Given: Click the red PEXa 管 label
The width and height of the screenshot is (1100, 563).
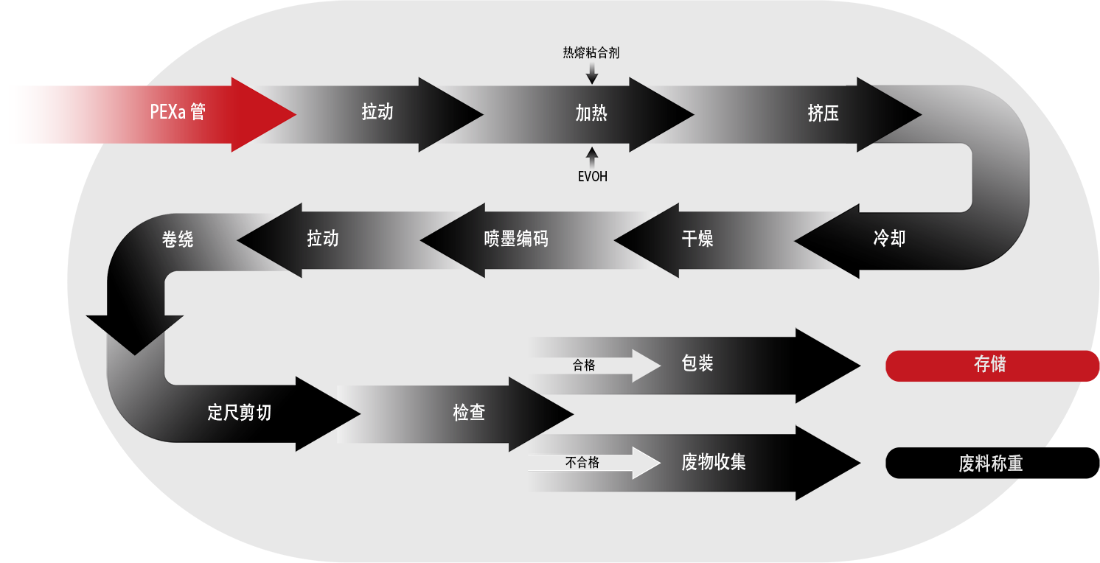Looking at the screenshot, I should point(178,112).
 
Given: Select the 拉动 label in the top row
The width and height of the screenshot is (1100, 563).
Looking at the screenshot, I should point(377,112).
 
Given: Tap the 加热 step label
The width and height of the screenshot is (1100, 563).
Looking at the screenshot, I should point(591,113).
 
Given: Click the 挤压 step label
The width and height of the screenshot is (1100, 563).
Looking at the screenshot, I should point(823,113).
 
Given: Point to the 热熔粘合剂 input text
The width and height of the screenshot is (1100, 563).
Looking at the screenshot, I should point(591,53).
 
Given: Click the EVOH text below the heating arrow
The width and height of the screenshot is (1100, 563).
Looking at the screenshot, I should point(592,177).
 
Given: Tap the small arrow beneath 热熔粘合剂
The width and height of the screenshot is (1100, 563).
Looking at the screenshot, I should point(592,74).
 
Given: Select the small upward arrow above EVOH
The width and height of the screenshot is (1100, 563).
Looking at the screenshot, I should point(592,156).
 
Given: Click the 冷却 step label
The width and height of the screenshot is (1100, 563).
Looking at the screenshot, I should point(889,238).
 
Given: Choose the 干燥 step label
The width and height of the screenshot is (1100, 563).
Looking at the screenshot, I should point(697,238).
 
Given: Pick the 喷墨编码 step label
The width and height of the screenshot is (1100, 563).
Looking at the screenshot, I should point(516,239).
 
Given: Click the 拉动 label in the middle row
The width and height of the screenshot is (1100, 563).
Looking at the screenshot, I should point(323,238).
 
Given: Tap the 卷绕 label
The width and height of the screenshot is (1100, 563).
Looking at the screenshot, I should point(178,239).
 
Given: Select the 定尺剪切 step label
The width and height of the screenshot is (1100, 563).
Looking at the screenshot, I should point(240,412).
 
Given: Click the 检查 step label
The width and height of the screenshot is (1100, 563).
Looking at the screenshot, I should point(469,412).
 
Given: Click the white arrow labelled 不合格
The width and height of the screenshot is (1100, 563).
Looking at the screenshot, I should point(594,463).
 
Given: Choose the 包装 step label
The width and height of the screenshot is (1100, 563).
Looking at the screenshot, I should point(697,363).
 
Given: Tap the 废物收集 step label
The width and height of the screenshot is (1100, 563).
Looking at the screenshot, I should point(714,462).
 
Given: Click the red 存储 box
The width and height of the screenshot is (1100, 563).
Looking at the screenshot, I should point(989,365).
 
